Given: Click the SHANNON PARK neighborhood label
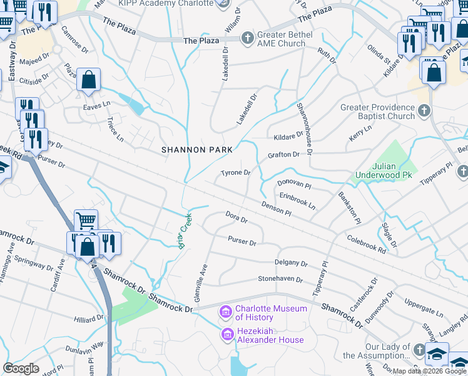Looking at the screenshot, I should click(x=196, y=150).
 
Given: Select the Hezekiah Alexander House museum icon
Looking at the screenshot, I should click(x=226, y=335).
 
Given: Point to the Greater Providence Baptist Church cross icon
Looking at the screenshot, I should click(x=424, y=111).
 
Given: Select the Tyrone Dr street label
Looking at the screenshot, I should click(x=235, y=173).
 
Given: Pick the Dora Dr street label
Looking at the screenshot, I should click(x=237, y=219).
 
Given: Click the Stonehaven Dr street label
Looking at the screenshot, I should click(x=280, y=279).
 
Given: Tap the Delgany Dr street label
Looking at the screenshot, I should click(x=291, y=263).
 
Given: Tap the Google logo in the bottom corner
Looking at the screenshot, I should click(x=21, y=368).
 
